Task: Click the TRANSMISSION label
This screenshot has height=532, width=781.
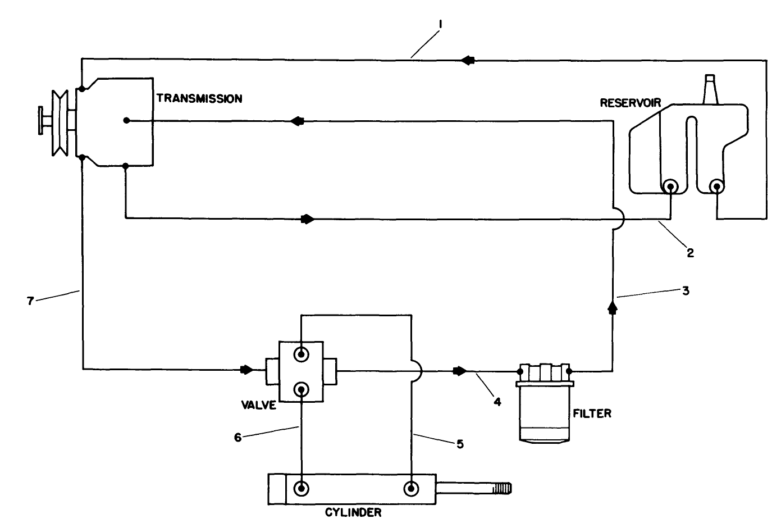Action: coord(199,99)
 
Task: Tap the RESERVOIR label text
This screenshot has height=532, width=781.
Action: coord(630,103)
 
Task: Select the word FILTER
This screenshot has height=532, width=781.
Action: coord(592,414)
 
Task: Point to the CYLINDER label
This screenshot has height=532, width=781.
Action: coord(353,512)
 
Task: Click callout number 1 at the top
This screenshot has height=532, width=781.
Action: coord(441,24)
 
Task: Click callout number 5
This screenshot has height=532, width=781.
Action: coord(460,444)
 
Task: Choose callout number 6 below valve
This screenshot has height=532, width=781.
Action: coord(238,438)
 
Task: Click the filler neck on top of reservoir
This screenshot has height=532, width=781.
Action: coord(711,89)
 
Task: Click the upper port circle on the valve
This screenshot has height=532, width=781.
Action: coord(302,354)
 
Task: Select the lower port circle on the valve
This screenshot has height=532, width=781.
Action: coord(302,389)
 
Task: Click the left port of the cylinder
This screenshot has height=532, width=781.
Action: coord(302,488)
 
